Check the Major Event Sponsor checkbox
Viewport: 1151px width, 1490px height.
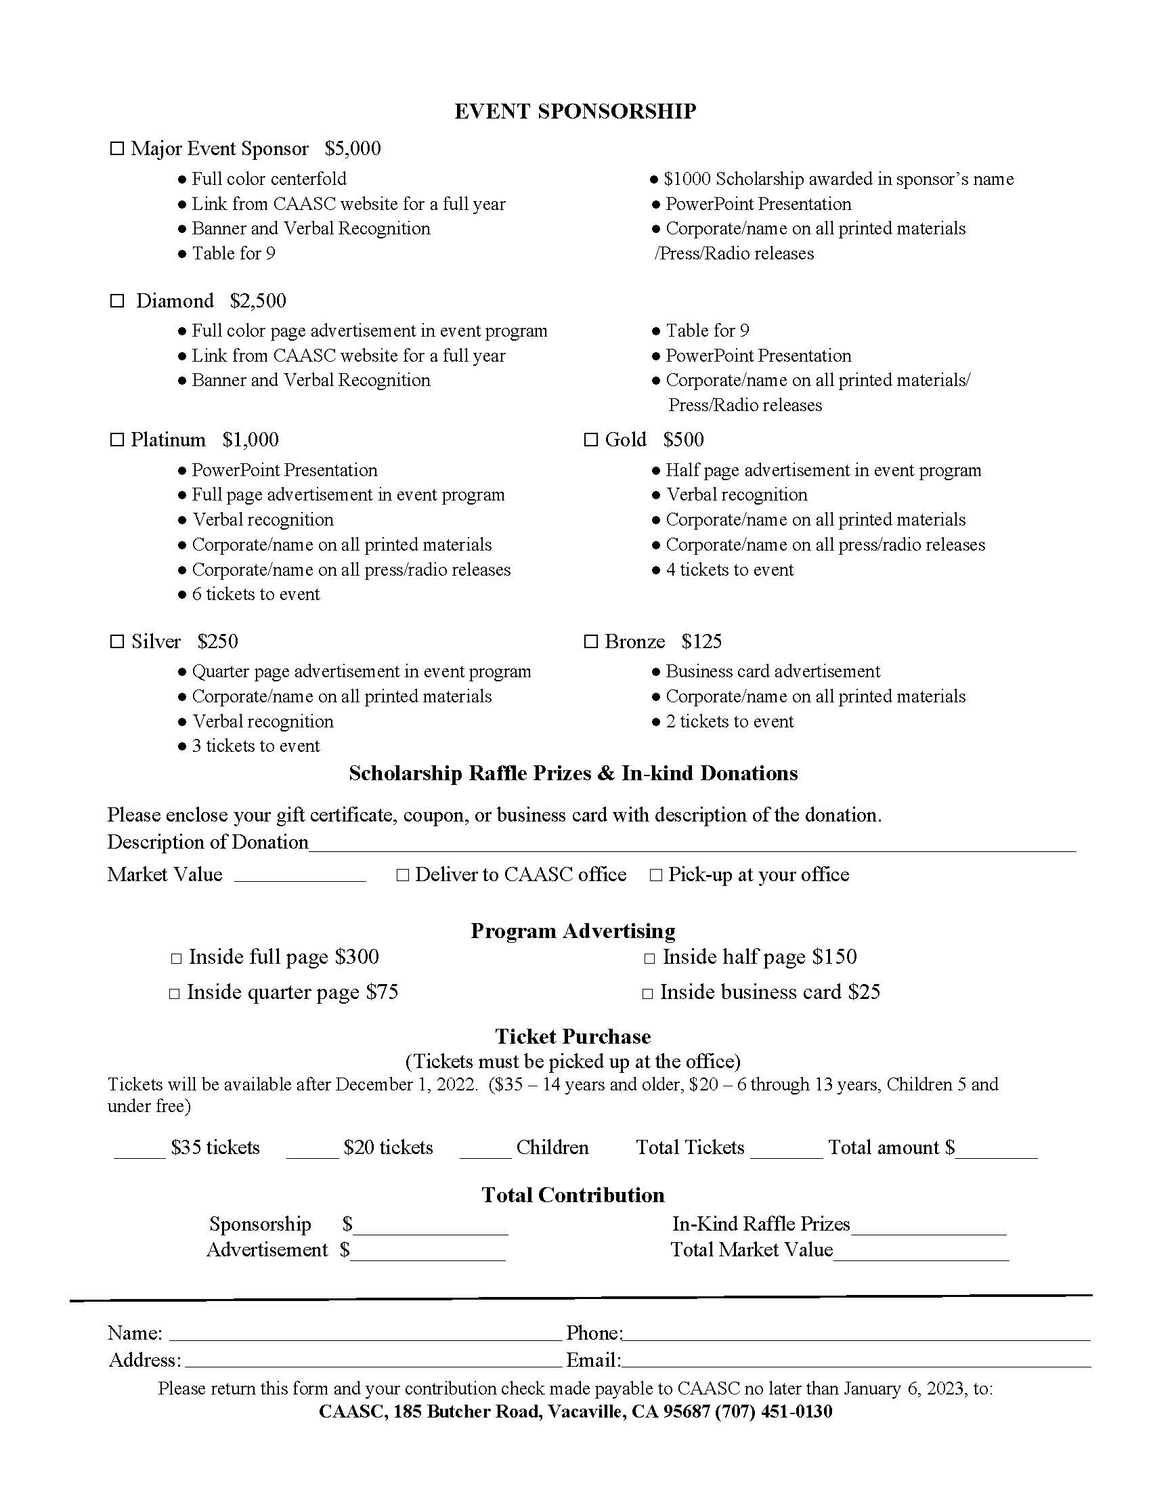[117, 149]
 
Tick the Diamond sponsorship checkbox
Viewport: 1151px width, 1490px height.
[117, 301]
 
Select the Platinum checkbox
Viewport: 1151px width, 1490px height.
[117, 440]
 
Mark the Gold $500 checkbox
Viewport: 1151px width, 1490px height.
[590, 440]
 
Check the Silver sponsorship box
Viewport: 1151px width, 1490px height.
[117, 641]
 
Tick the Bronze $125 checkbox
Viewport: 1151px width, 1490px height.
[590, 641]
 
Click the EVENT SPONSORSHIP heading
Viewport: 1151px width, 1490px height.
[575, 111]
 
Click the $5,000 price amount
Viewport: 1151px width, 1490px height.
[353, 149]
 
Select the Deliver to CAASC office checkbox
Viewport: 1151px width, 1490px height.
[402, 875]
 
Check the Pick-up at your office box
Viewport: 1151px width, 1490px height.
[656, 875]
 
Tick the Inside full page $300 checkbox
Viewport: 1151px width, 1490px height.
[176, 958]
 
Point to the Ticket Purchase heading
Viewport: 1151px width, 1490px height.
[573, 1036]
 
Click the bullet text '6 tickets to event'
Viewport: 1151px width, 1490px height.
[256, 594]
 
